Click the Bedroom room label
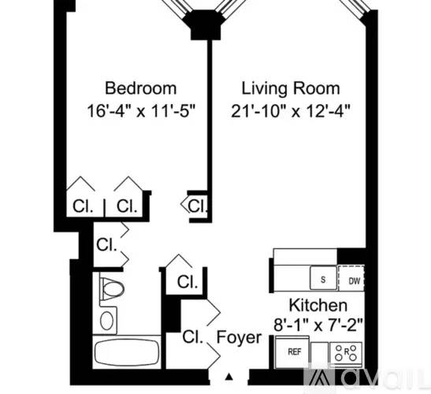coord(141,88)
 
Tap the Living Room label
coord(291,88)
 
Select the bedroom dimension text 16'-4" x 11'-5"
coord(141,111)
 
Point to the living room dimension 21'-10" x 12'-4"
coord(291,111)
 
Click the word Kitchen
coord(318,305)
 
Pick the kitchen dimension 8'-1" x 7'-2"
coord(318,325)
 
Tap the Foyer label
coord(240,337)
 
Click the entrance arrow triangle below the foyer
coord(229,377)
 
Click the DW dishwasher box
coord(351,278)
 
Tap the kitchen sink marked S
coord(323,278)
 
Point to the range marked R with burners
coord(346,353)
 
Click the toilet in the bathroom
coord(112,289)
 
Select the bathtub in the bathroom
coord(127,352)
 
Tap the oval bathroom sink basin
coord(106,321)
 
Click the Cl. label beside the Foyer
coord(193,336)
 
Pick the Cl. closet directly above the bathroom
coord(107,244)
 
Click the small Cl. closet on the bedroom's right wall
coord(197,206)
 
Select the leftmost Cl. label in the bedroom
coord(83,206)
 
